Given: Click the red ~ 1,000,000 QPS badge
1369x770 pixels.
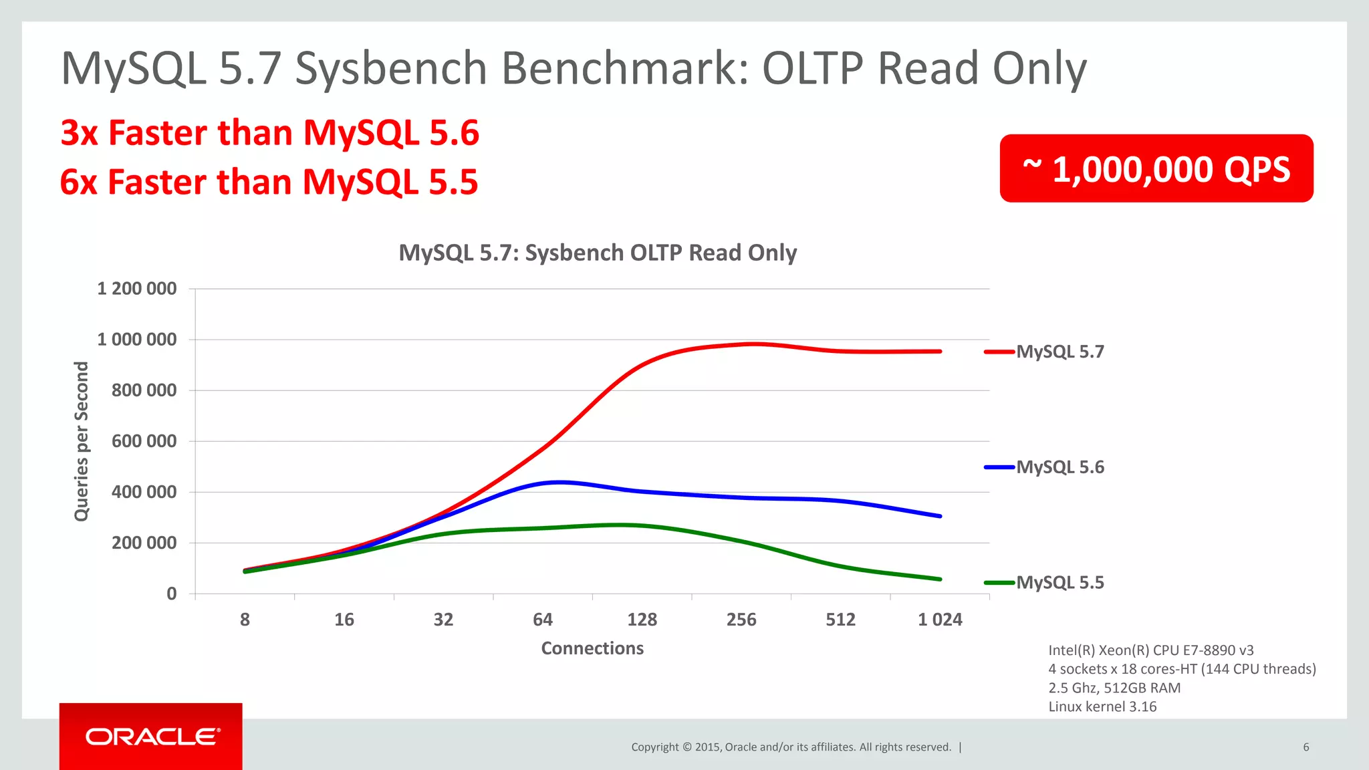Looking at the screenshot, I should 1156,168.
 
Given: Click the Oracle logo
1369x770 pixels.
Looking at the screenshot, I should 152,737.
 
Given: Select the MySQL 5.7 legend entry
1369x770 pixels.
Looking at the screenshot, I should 1060,352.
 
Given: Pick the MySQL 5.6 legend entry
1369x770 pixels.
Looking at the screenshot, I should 1060,467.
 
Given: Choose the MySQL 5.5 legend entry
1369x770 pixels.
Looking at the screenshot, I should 1060,583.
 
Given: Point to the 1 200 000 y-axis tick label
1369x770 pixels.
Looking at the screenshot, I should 137,289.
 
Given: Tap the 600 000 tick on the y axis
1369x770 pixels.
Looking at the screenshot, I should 144,441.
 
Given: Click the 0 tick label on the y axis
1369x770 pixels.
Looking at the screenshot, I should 172,594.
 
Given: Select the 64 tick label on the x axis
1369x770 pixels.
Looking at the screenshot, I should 543,620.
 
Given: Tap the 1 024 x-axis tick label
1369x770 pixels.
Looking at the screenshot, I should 940,620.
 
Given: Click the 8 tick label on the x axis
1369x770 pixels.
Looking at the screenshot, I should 245,620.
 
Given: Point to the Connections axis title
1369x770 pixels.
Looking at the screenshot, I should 592,648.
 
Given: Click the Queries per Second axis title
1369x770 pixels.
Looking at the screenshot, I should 81,441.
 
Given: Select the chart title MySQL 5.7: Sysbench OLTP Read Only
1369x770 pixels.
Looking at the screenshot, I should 598,253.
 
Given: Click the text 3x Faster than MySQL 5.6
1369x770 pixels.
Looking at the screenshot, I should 269,132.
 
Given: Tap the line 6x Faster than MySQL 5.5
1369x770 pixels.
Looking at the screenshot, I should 269,182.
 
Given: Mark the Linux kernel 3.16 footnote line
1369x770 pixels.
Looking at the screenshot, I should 1102,707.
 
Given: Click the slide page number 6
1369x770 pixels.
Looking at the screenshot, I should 1305,747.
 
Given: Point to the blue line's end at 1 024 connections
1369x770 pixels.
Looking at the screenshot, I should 940,516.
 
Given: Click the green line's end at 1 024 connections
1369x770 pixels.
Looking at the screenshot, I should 940,579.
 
